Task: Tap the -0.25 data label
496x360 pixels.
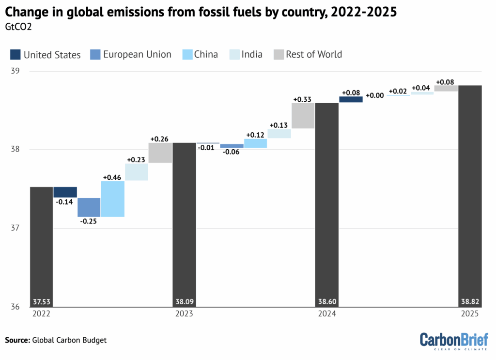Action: coord(89,221)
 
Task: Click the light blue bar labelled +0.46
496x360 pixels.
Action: coord(113,199)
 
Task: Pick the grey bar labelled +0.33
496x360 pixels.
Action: coord(303,116)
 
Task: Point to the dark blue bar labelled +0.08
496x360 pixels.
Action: coord(351,99)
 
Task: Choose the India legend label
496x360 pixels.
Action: coord(252,54)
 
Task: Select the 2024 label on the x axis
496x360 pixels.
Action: coord(327,314)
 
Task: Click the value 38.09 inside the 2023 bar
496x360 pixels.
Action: coord(184,302)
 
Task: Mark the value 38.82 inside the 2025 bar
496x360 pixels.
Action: coord(470,302)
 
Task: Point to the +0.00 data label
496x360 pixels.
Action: coord(374,95)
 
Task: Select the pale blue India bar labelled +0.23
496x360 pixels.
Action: coord(137,172)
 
